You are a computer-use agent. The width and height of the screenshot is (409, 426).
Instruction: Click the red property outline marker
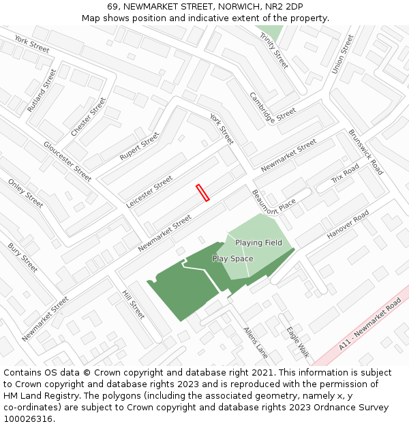[202, 192]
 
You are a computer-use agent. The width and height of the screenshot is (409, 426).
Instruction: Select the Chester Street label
[89, 115]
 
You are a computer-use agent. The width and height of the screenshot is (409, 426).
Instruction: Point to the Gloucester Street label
[67, 161]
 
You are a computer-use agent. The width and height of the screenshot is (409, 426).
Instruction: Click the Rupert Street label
[139, 147]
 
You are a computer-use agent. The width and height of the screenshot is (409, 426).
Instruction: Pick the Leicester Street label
[150, 192]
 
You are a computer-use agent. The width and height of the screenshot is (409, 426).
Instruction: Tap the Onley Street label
[25, 194]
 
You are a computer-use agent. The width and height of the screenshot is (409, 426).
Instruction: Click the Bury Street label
[22, 257]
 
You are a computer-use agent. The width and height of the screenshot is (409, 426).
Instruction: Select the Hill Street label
[133, 305]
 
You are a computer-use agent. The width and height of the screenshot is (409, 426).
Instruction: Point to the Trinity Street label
[273, 50]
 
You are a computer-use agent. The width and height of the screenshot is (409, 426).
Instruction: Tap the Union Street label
[342, 55]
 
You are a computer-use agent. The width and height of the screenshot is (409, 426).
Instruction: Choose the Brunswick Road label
[365, 152]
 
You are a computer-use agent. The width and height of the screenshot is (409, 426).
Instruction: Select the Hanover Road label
[348, 224]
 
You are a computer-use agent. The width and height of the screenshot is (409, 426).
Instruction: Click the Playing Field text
[258, 243]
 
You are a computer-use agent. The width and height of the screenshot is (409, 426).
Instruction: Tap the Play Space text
[232, 259]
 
